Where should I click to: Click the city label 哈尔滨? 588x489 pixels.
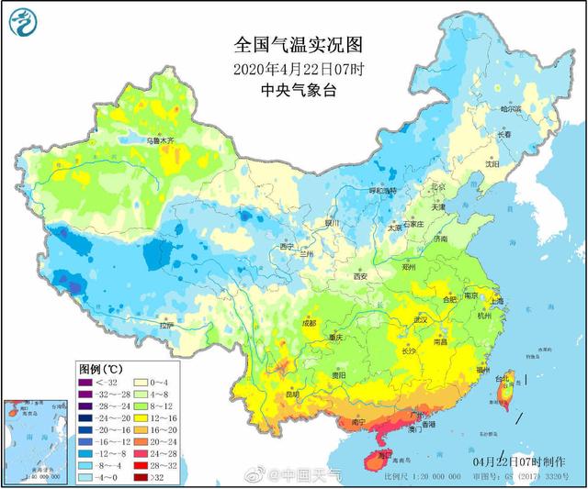point(510,109)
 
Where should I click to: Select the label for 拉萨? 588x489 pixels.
point(166,325)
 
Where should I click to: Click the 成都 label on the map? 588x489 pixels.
point(307,322)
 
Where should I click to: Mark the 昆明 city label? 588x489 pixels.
point(292,395)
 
